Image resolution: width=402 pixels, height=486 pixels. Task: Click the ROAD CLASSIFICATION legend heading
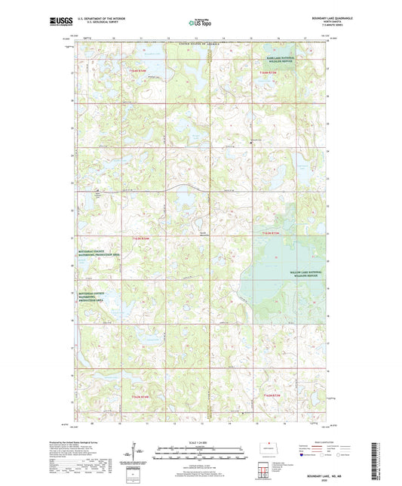[316, 442]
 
